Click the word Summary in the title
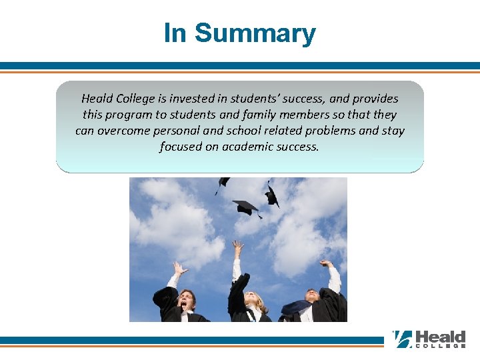coord(255,33)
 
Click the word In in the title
coord(175,33)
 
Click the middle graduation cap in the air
coord(246,207)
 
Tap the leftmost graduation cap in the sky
coord(223,183)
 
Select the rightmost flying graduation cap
coord(271,196)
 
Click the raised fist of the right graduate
coord(326,263)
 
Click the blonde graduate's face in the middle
coord(253,301)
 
